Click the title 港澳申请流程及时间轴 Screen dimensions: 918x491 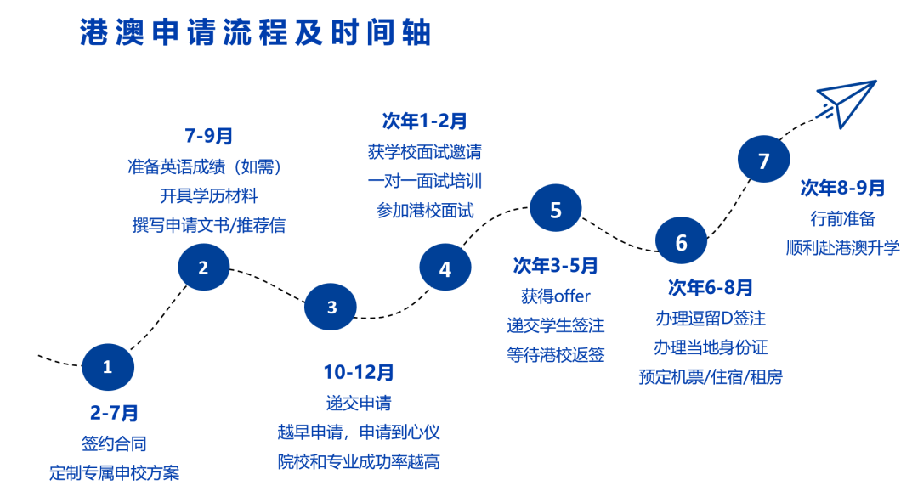256,32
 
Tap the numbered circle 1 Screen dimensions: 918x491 108,367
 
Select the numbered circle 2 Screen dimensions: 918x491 203,268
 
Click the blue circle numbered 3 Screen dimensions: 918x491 331,307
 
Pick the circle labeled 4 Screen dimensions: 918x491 445,268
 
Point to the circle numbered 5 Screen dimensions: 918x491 556,208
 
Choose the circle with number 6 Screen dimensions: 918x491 681,241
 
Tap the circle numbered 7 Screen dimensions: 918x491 763,159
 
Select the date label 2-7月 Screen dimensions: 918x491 114,413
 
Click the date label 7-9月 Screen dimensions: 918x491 209,136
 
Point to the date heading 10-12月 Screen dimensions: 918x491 359,372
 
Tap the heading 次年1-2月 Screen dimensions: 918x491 424,121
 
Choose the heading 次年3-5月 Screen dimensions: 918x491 556,266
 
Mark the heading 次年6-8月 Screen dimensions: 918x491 710,287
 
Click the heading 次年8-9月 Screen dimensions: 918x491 842,188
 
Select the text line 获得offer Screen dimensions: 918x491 556,296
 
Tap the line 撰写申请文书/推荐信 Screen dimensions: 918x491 209,225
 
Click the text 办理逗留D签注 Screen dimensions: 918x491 710,319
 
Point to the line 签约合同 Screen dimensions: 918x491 114,443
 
